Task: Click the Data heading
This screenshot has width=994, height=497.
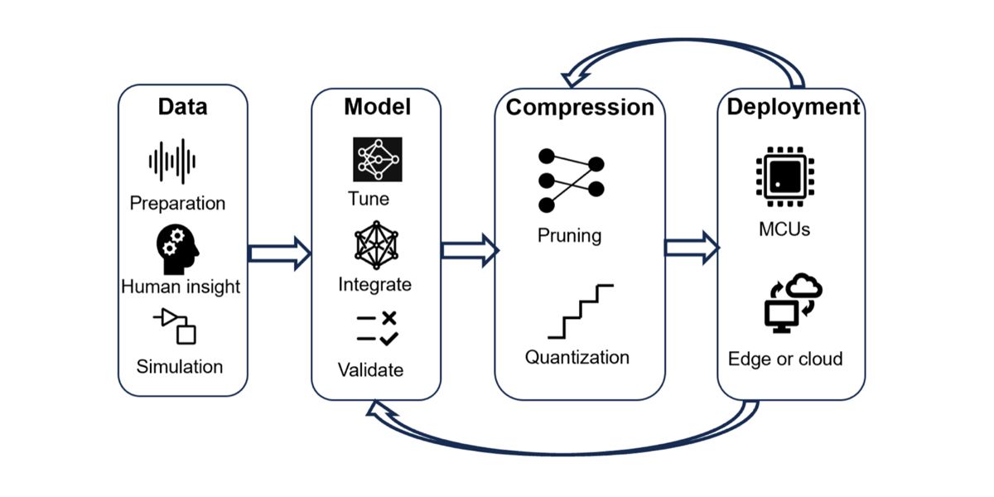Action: [x=183, y=107]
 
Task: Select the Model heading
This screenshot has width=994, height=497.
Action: [x=377, y=107]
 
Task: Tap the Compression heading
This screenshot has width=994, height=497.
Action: [x=580, y=108]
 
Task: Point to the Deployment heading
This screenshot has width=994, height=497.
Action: [x=793, y=107]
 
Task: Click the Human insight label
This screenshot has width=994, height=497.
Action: [x=181, y=287]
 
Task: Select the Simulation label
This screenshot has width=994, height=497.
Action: [x=180, y=366]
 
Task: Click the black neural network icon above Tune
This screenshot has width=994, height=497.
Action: [x=377, y=159]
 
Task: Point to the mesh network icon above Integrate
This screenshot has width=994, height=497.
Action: [x=377, y=244]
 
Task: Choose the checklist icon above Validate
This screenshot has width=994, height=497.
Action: [x=377, y=327]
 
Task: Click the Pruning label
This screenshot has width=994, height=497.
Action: [x=570, y=235]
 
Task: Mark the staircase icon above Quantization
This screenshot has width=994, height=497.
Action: [x=580, y=311]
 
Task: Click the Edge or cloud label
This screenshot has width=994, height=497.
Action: [x=785, y=359]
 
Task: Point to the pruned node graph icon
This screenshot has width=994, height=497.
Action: [x=572, y=180]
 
